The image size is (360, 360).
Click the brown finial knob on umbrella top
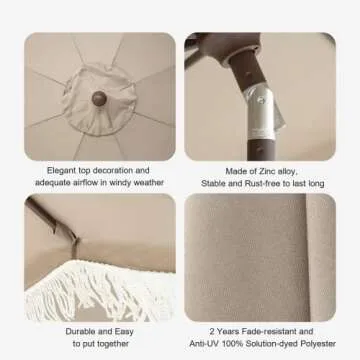tap(99, 99)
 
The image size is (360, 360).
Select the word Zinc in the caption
tap(266, 171)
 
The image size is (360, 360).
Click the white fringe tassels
tap(100, 292)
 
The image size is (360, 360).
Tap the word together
tap(112, 344)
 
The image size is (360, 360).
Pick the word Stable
tap(213, 183)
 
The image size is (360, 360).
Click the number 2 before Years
tap(212, 331)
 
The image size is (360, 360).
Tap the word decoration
tap(113, 170)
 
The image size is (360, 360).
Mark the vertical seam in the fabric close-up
tap(308, 257)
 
